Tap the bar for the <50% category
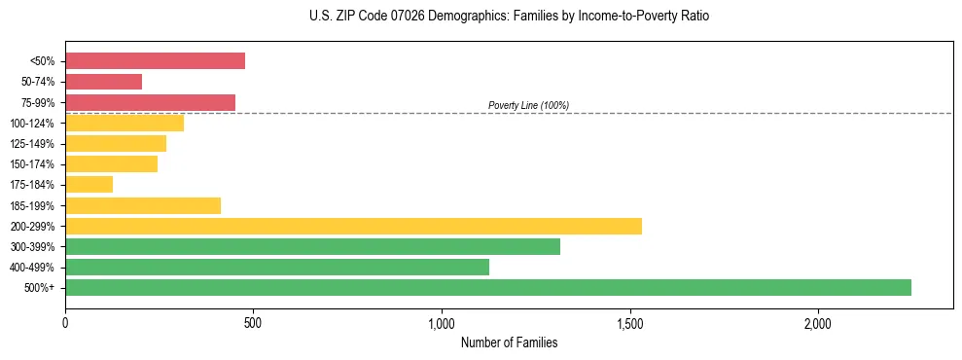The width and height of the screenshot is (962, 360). tap(155, 60)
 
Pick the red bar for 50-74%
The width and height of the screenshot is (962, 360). tap(103, 82)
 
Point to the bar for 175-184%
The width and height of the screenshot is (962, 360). tap(89, 184)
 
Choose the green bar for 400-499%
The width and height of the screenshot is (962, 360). tap(277, 267)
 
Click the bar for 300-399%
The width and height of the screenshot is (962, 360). tap(312, 246)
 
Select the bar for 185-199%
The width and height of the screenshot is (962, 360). tap(143, 205)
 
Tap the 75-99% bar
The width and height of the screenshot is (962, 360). tap(150, 102)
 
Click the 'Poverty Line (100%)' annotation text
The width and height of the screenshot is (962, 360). tap(528, 105)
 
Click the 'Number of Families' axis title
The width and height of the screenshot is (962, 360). tap(509, 342)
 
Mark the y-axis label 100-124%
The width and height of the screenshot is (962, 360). tap(32, 124)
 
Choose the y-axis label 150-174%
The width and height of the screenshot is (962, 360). tap(32, 164)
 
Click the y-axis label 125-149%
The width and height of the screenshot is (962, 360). tap(32, 144)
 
